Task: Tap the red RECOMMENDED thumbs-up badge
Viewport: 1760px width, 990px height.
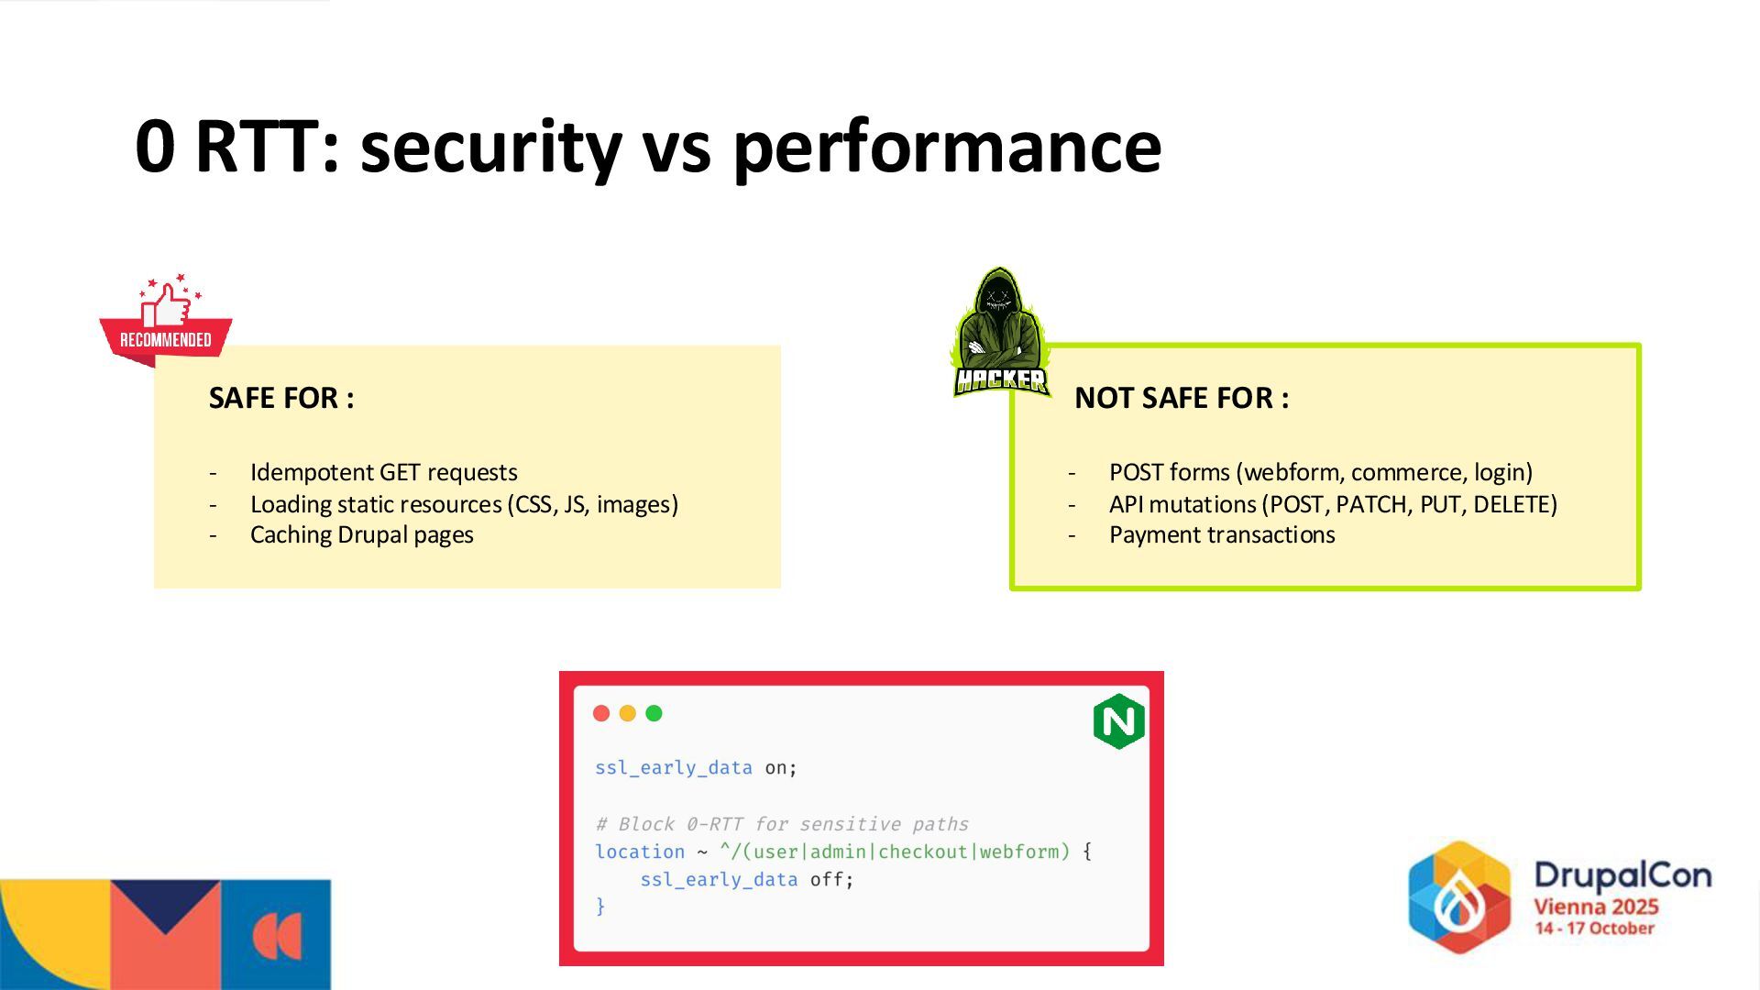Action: coord(166,321)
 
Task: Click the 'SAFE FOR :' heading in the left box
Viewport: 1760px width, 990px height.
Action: coord(281,398)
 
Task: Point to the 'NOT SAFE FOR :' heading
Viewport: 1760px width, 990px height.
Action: coord(1182,398)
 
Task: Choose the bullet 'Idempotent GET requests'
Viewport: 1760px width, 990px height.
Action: coord(383,472)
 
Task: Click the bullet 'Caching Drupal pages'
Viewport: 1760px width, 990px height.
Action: coord(361,534)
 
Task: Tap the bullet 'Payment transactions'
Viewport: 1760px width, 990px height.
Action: coord(1222,534)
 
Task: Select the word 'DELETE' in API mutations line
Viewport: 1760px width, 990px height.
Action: coord(1514,504)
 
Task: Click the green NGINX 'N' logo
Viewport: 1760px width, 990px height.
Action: coord(1118,721)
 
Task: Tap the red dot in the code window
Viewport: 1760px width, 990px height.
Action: coord(601,713)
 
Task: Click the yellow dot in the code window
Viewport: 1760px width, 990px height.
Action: coord(628,713)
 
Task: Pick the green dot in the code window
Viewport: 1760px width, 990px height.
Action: coord(654,713)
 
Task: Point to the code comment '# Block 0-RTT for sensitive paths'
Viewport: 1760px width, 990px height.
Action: coord(781,824)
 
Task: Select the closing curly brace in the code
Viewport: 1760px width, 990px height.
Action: coord(600,906)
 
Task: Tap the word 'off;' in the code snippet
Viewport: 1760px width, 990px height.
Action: coord(831,879)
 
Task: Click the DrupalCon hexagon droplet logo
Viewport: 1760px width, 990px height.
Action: coord(1459,896)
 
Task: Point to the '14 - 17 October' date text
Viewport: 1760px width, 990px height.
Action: coord(1594,929)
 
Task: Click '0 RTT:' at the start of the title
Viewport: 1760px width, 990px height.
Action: coord(237,147)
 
